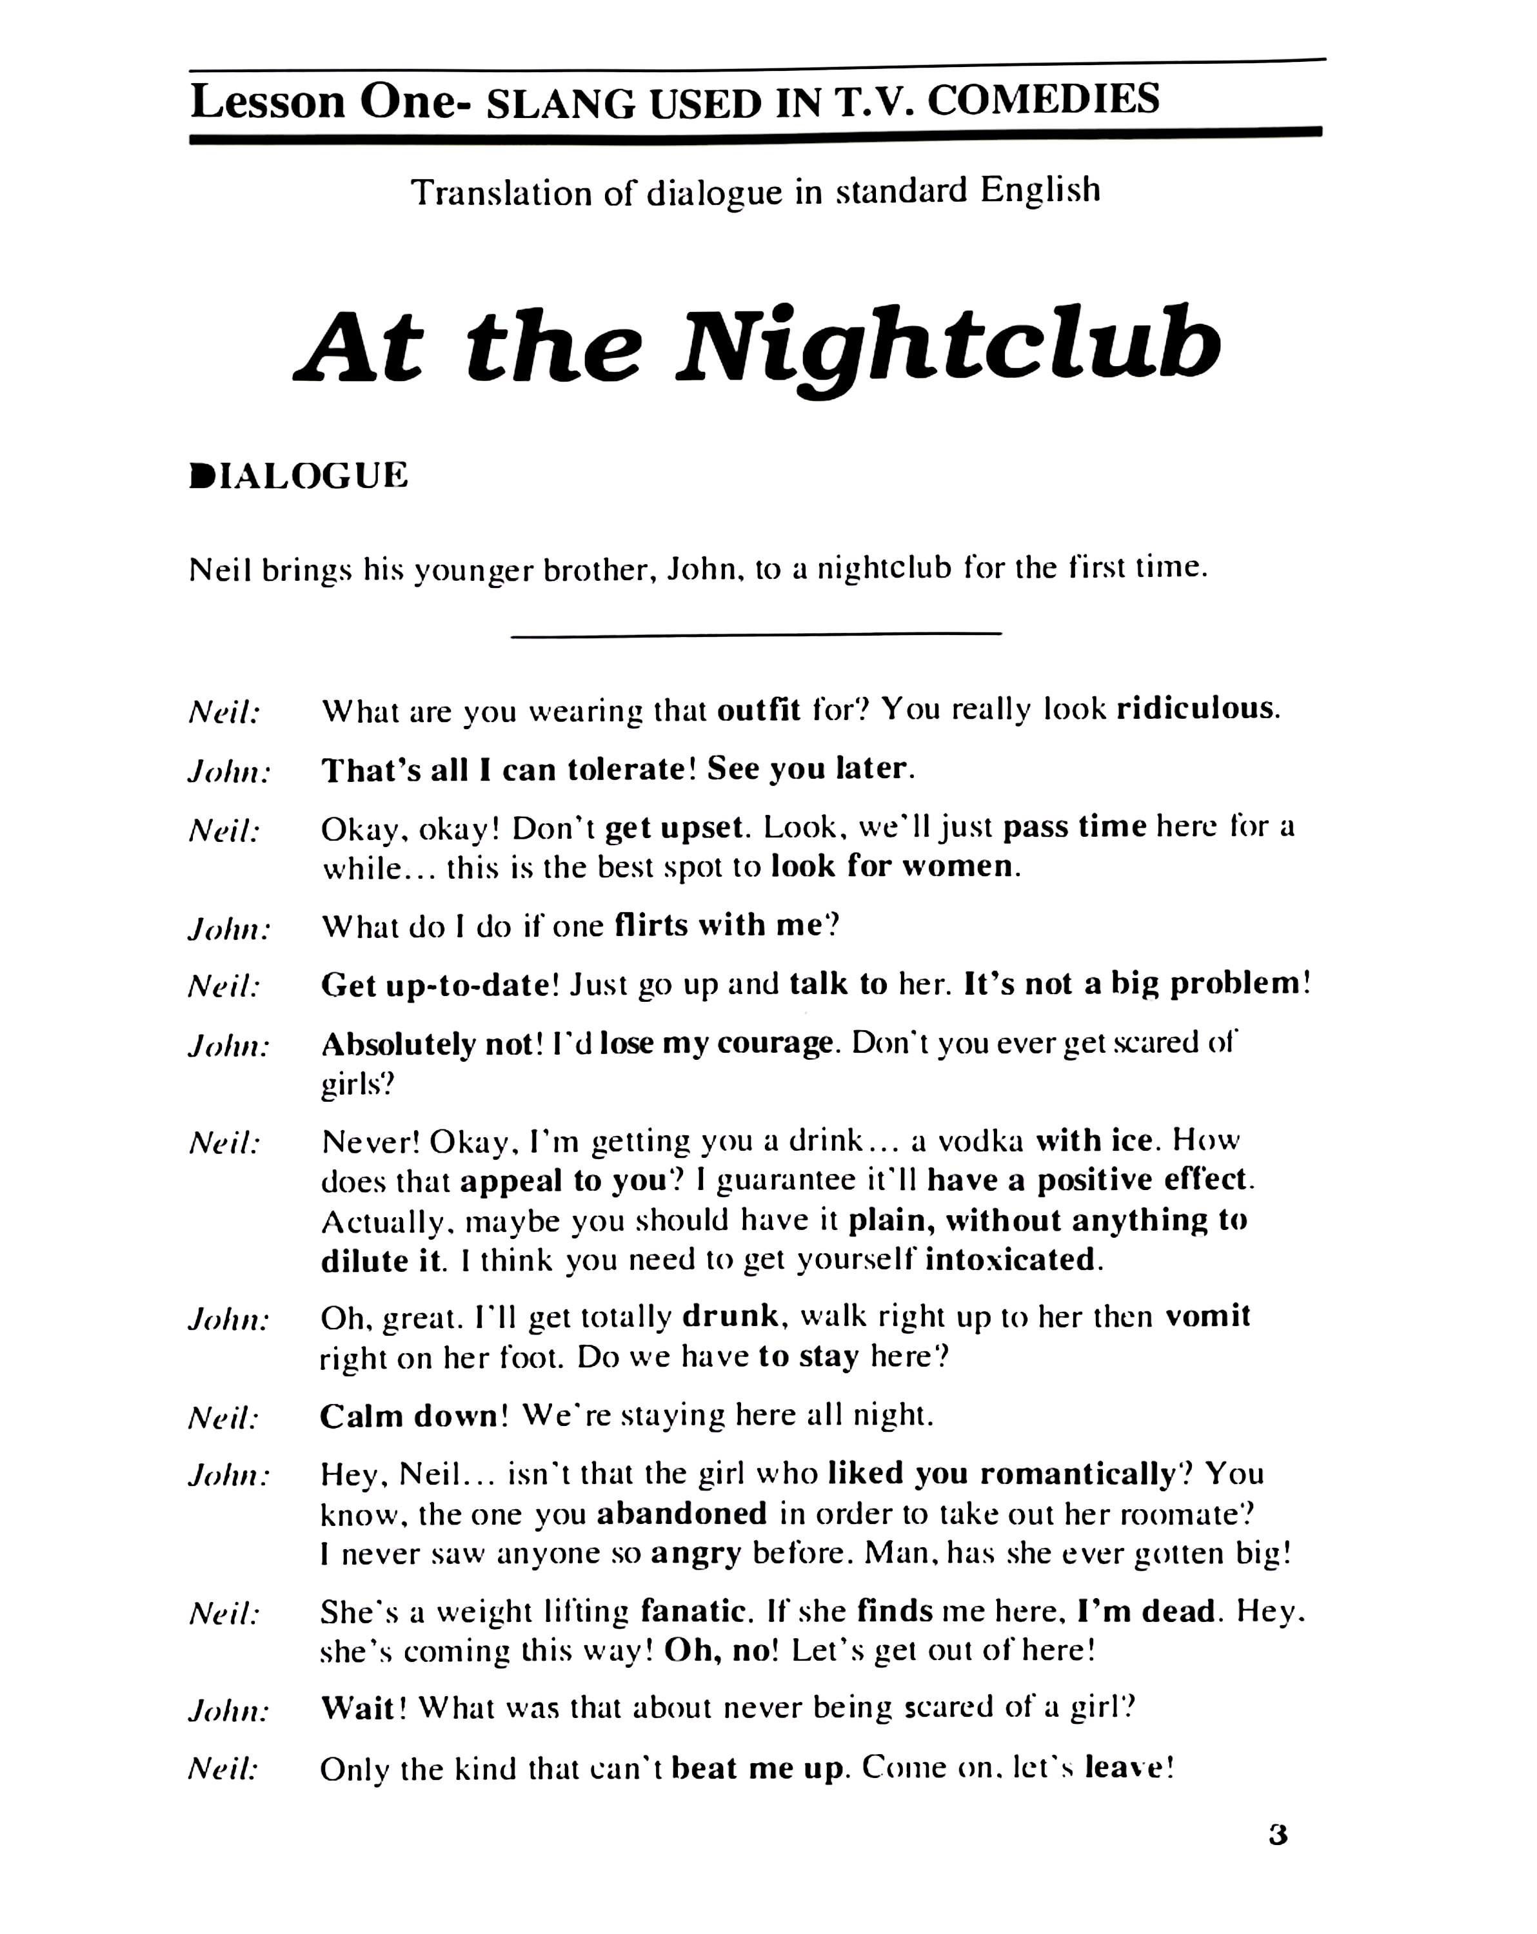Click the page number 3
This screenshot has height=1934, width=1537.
coord(1278,1836)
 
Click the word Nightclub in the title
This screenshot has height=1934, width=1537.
coord(947,346)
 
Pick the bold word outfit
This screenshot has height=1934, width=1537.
coord(759,710)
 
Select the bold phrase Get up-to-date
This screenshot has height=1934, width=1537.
coord(435,985)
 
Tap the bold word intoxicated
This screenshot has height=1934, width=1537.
coord(1009,1260)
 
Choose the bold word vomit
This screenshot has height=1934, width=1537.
coord(1207,1316)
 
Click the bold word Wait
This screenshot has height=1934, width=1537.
coord(358,1707)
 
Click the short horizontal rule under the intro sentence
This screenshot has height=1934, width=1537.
coord(755,634)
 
